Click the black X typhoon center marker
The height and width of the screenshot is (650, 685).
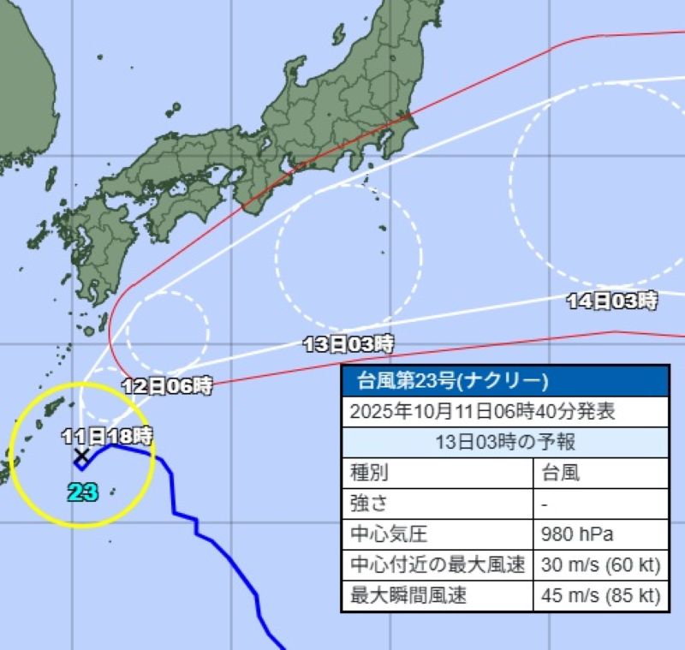pos(81,455)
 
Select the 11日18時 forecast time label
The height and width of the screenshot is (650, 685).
pos(109,435)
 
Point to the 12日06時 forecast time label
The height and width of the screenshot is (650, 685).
pos(166,386)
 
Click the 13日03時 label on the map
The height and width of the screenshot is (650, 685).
pos(348,345)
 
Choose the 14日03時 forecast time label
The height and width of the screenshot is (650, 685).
pos(612,301)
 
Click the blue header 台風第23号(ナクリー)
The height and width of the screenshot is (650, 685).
pos(445,380)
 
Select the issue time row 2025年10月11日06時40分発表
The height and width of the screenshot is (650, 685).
pos(483,411)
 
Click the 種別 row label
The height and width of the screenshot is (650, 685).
pos(371,473)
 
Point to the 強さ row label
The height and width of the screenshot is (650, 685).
pos(371,504)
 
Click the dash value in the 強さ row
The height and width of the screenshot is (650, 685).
pos(545,504)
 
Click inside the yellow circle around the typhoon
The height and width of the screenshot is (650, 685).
pos(51,480)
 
